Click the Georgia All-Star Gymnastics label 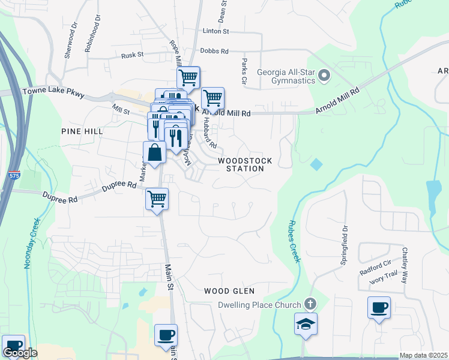coord(286,76)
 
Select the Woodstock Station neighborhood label coord(245,165)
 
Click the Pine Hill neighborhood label coord(82,131)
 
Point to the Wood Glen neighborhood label coord(225,290)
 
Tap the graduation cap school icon coord(306,324)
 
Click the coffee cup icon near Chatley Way coord(379,308)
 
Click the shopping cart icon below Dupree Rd coord(157,199)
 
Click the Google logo coord(20,353)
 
